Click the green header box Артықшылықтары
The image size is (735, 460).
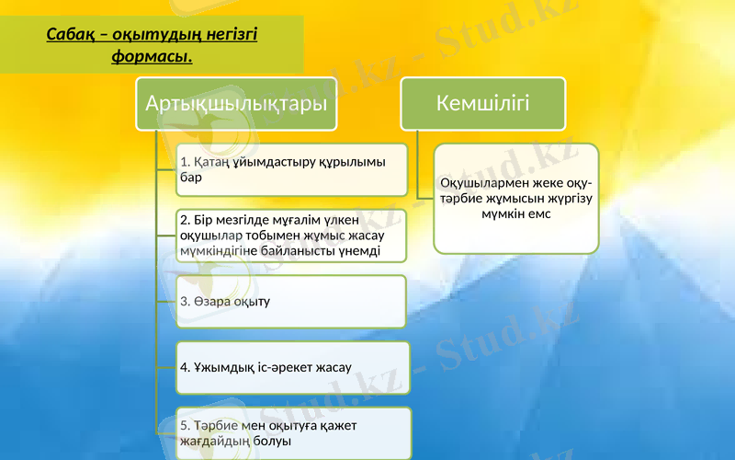click(x=236, y=104)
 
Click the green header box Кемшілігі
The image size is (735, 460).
click(x=482, y=103)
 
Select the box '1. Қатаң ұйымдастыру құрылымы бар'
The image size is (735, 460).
click(x=291, y=169)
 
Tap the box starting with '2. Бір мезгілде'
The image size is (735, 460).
click(x=291, y=236)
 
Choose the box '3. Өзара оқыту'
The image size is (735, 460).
click(x=291, y=302)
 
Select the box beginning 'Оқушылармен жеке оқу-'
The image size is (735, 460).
click(x=515, y=198)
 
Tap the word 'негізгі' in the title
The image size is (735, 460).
click(x=230, y=35)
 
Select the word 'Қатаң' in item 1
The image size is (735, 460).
click(x=214, y=162)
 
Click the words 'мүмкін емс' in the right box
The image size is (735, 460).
click(x=515, y=213)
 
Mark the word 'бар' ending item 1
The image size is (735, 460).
click(x=191, y=178)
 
